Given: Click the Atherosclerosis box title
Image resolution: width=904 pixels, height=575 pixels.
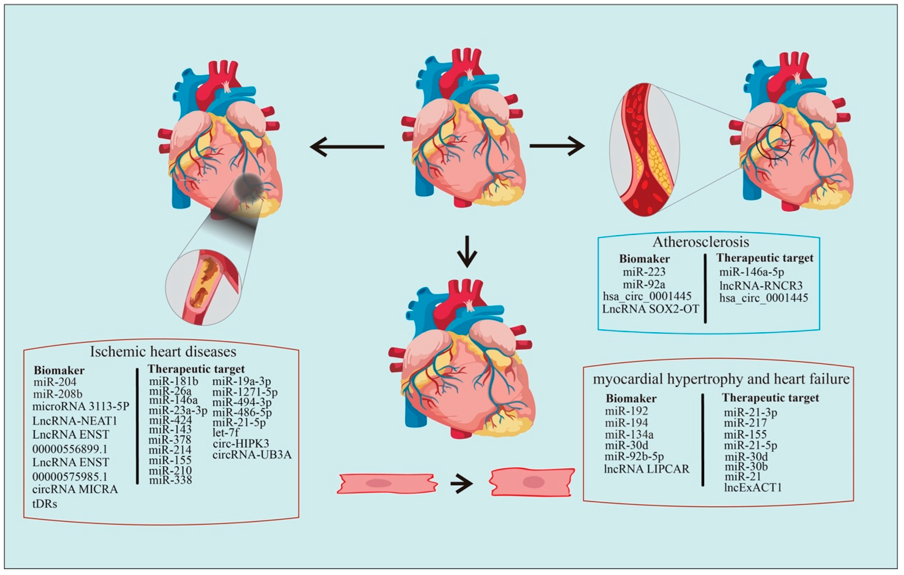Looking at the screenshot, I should pos(701,242).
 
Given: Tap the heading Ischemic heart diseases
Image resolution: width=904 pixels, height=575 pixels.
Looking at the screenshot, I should pos(163,352).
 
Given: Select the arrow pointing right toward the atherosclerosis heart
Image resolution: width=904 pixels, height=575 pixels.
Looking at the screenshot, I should pos(557,146).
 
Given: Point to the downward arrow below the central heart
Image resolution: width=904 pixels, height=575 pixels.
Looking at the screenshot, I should pos(467,251).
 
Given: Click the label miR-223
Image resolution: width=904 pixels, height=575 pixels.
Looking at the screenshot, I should pos(644,272).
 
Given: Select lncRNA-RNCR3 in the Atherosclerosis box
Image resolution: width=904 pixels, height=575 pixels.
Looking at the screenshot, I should pos(761,286).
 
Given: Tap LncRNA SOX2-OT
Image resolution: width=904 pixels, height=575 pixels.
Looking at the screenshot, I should pos(651,309).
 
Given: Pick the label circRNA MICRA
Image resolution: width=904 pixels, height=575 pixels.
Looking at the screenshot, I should pos(75,489).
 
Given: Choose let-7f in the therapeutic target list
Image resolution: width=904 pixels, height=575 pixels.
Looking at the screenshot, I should pos(226,432).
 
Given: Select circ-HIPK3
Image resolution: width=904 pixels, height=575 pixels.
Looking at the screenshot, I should pos(241,443).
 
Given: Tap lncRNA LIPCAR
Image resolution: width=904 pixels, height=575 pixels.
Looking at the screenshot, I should pos(647,469).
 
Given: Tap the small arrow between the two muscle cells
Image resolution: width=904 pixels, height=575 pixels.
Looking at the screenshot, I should pos(461,484).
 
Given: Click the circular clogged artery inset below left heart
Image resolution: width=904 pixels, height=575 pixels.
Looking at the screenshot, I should pos(203,287).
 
